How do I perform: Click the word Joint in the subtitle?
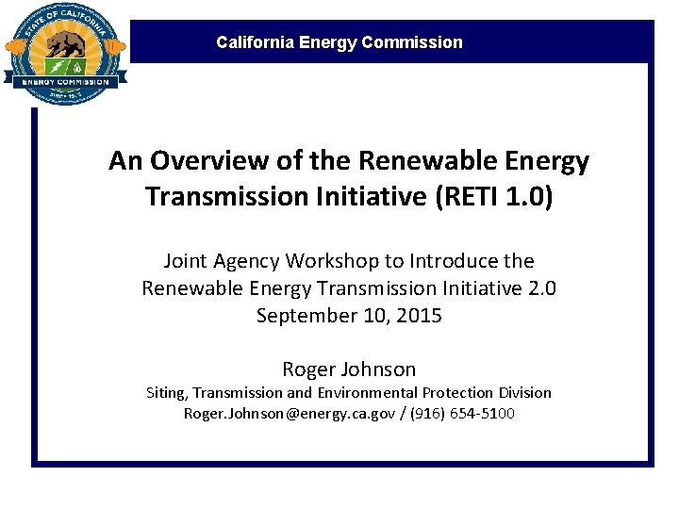point(188,261)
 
